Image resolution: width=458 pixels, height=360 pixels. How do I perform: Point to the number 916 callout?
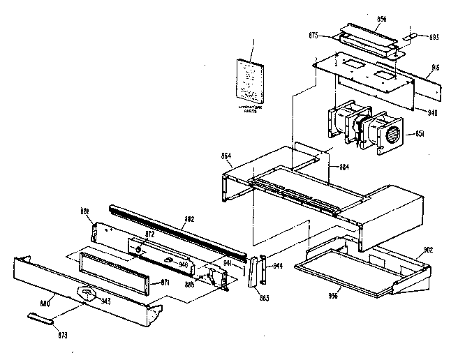pos(435,69)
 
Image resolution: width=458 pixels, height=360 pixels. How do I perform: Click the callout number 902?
pos(427,250)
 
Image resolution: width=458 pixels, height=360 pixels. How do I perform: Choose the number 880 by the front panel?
pos(46,303)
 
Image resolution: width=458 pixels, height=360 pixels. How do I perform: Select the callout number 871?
pos(165,283)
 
